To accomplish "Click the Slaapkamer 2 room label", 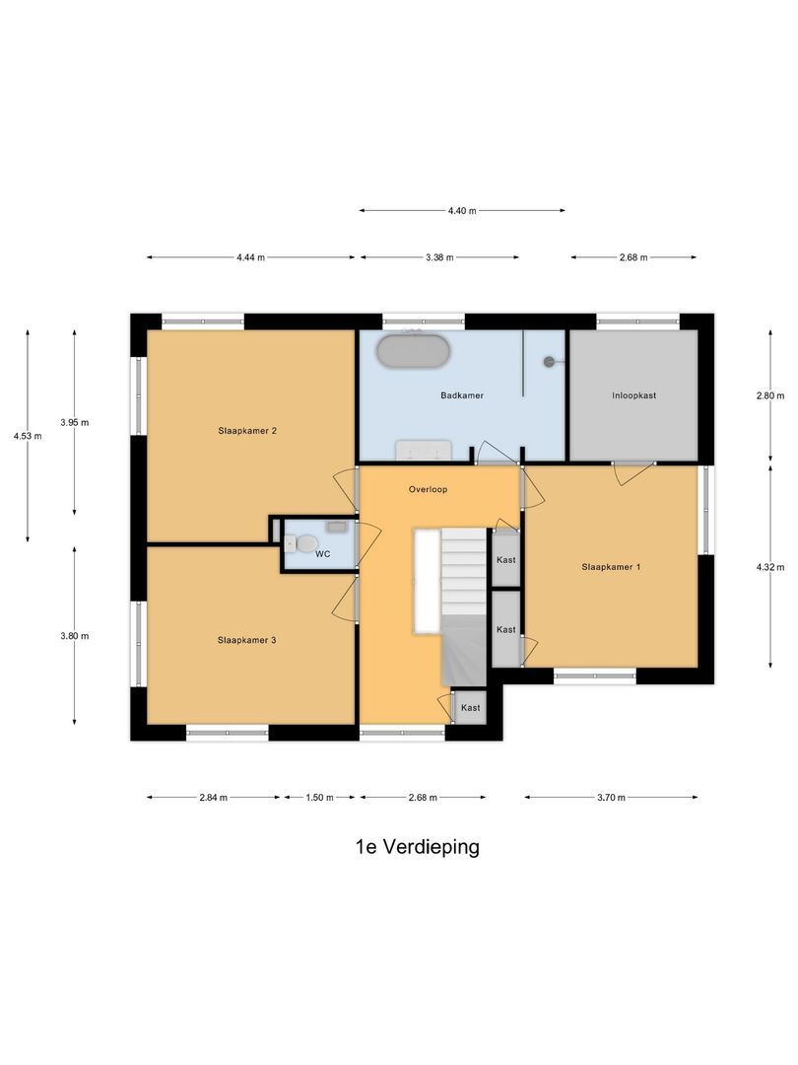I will click(x=246, y=430).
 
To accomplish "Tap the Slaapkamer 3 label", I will click(x=246, y=640).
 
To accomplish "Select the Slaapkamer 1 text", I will click(x=611, y=567).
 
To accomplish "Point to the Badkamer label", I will click(x=461, y=395).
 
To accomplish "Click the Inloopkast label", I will click(x=633, y=395).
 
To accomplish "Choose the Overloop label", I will click(x=428, y=489).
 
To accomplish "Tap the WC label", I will click(x=322, y=555).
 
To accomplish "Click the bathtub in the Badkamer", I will click(x=415, y=352).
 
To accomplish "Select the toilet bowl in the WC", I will click(x=306, y=542).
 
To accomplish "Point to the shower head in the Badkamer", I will click(x=549, y=362).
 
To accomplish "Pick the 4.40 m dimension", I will click(x=462, y=211).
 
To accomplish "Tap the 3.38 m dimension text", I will click(x=439, y=257).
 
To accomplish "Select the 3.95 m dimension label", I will click(x=74, y=422).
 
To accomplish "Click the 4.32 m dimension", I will click(x=770, y=567).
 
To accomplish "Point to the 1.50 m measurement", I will click(x=319, y=798).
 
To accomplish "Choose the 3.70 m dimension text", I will click(x=611, y=798).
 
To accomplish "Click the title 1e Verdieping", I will click(x=418, y=847).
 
